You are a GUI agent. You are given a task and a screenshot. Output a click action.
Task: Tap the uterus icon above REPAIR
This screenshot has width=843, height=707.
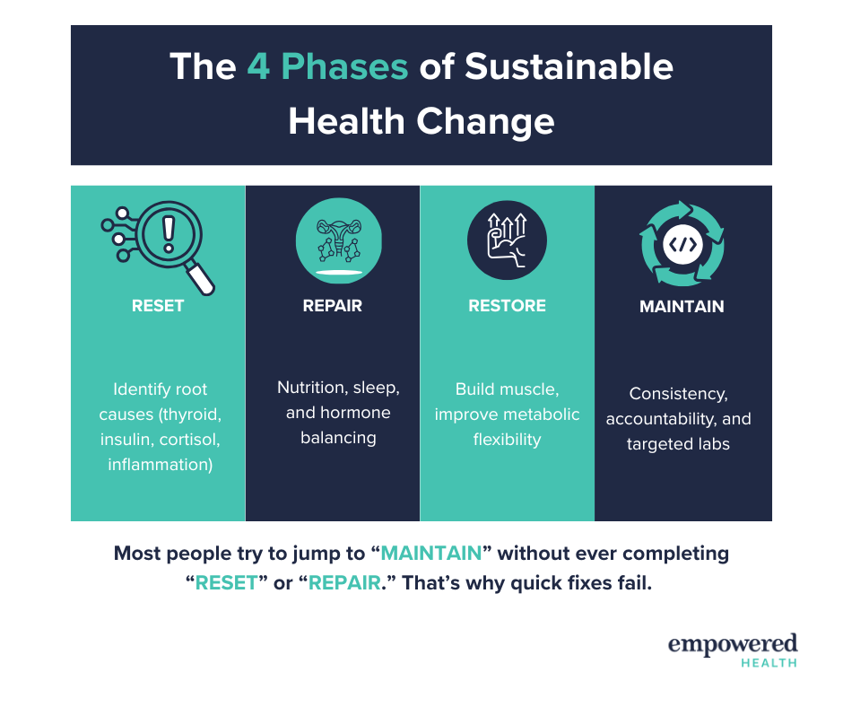pos(339,240)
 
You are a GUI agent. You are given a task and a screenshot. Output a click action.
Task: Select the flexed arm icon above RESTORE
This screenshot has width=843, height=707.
pos(507,240)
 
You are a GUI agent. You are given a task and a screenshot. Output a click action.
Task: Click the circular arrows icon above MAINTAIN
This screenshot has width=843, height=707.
pos(682,244)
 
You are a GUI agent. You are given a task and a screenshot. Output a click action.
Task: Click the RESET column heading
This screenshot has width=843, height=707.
pos(158,306)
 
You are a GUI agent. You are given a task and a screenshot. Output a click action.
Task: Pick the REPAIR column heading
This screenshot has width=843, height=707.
pos(332,306)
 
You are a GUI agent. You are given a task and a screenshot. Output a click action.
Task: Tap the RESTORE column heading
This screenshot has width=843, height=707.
pos(507,306)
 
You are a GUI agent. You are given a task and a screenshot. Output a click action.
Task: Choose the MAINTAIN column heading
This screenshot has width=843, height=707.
pos(682,306)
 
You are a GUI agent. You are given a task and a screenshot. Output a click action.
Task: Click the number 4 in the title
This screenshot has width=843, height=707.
pos(258,66)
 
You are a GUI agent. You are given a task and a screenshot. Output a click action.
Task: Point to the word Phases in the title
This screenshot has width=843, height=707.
pos(344,66)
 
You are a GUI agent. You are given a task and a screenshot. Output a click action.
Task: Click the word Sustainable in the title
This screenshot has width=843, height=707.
pos(569,66)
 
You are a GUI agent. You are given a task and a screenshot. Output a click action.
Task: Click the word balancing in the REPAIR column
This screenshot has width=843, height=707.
pos(338,438)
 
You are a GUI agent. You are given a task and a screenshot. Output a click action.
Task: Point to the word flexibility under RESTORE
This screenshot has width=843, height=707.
pos(507,440)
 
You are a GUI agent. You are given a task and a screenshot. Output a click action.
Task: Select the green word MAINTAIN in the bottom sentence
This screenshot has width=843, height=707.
pos(431,553)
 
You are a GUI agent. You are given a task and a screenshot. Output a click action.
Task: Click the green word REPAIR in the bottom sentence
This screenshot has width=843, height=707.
pos(344,582)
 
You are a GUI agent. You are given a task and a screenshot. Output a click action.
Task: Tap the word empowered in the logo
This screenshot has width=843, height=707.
pos(733,644)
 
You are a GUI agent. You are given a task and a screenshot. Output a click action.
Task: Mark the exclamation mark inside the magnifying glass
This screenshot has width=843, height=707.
pos(169,234)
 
